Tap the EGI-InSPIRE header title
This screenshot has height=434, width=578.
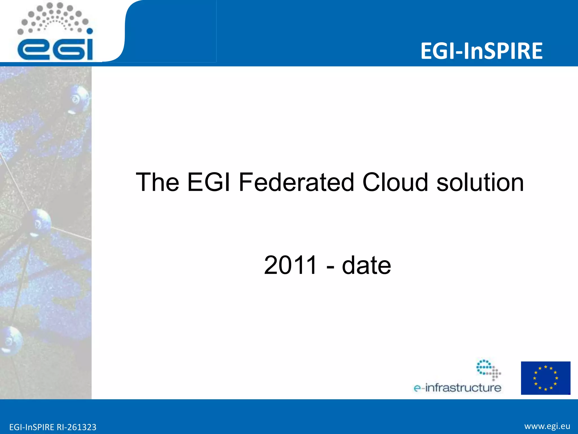click(x=481, y=51)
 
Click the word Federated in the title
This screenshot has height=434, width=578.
click(x=296, y=183)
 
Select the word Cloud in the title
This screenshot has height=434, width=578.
click(x=395, y=183)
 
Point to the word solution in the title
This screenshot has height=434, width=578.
click(x=480, y=183)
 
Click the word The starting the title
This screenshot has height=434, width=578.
click(x=157, y=183)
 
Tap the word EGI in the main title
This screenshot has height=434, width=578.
click(x=209, y=183)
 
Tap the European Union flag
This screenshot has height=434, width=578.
click(x=545, y=378)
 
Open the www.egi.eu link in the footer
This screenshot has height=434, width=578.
click(x=547, y=426)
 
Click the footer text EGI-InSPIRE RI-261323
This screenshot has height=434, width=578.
click(x=53, y=427)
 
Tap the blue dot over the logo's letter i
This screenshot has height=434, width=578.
click(x=89, y=31)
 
